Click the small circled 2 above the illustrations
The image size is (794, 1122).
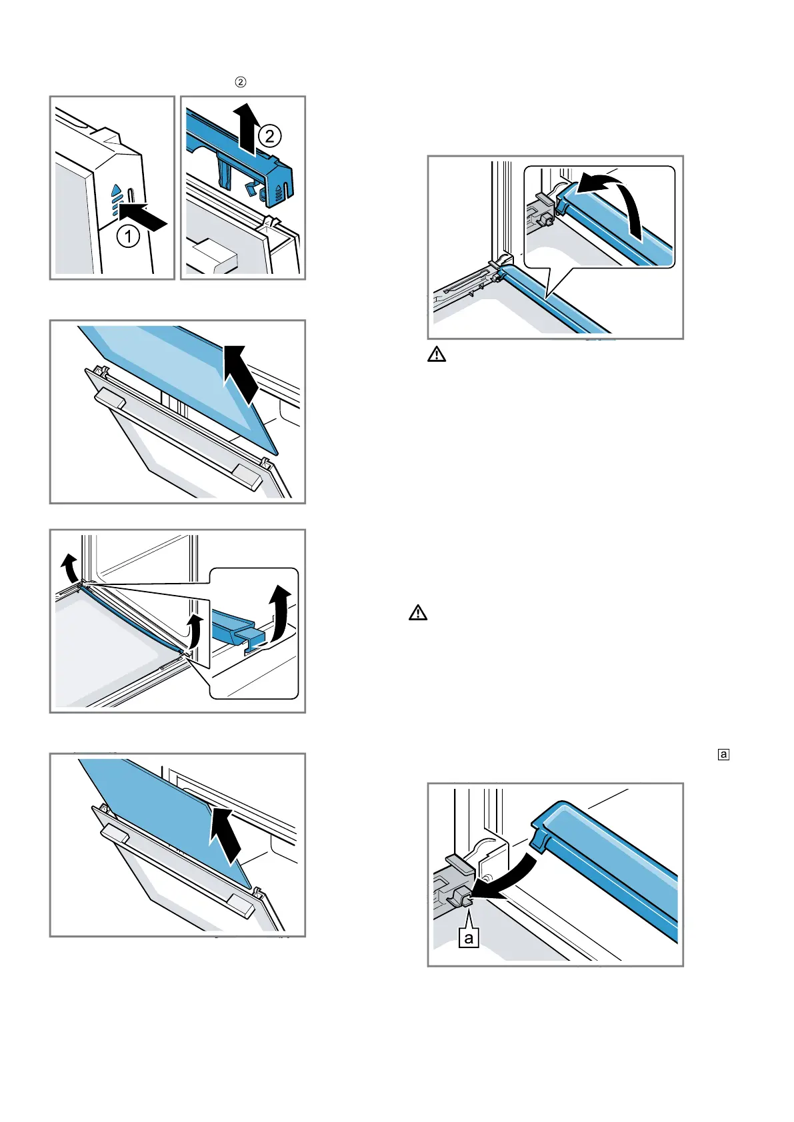(241, 82)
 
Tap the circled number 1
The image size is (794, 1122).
(129, 236)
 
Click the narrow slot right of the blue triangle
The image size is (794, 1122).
(131, 198)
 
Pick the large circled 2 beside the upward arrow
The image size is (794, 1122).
(269, 137)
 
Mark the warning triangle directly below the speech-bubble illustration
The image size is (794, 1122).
(437, 354)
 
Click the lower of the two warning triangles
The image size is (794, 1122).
(418, 613)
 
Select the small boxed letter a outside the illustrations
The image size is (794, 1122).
(723, 754)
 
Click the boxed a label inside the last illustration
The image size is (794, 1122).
(469, 938)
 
